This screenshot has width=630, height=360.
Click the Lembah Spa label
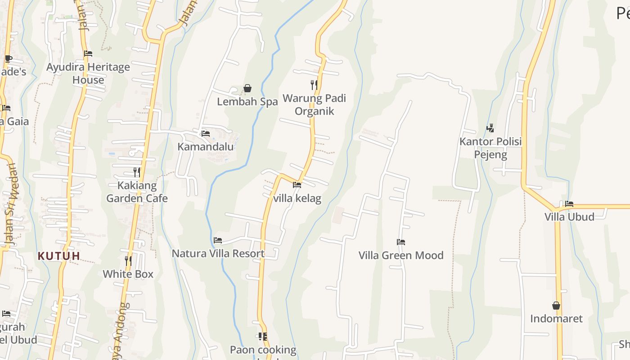(x=247, y=102)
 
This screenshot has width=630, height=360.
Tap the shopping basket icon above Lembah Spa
(x=247, y=88)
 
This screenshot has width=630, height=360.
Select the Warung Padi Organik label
(x=314, y=104)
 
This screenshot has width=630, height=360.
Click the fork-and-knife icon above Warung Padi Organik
(x=314, y=85)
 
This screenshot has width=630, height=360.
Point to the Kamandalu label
(x=205, y=147)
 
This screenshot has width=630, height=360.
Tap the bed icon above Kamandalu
(x=206, y=133)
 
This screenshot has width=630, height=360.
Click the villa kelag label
(x=297, y=198)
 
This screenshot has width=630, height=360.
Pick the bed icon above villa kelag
(x=297, y=184)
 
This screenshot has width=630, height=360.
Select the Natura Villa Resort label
(x=218, y=253)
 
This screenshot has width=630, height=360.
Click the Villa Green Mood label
(x=401, y=255)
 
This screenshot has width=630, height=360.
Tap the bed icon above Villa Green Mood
(x=401, y=242)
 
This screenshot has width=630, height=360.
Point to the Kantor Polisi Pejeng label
(x=490, y=148)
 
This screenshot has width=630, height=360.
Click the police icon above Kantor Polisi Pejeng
(x=490, y=128)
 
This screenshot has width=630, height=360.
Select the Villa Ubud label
(x=569, y=216)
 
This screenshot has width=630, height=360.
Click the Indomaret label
(x=556, y=319)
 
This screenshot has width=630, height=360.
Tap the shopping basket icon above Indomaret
(x=556, y=306)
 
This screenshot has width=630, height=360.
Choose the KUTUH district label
(x=59, y=256)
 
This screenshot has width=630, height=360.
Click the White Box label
(x=128, y=274)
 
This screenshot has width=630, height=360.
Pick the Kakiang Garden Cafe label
(x=137, y=192)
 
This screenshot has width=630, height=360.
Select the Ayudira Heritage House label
(x=88, y=73)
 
